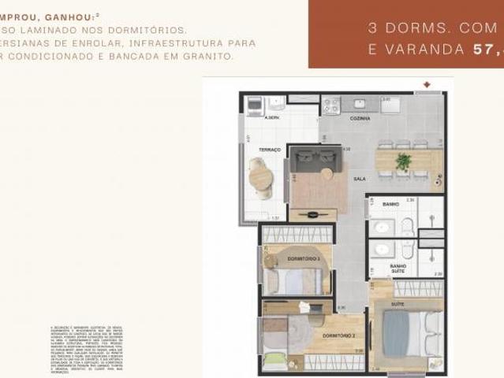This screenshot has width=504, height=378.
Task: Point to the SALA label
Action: click(x=359, y=180)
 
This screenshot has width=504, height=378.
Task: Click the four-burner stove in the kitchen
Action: click(x=330, y=104)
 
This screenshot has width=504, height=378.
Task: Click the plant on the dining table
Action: click(x=404, y=161)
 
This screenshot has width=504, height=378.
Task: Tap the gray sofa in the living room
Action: click(x=313, y=160)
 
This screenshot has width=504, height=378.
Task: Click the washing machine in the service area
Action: click(x=255, y=106)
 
